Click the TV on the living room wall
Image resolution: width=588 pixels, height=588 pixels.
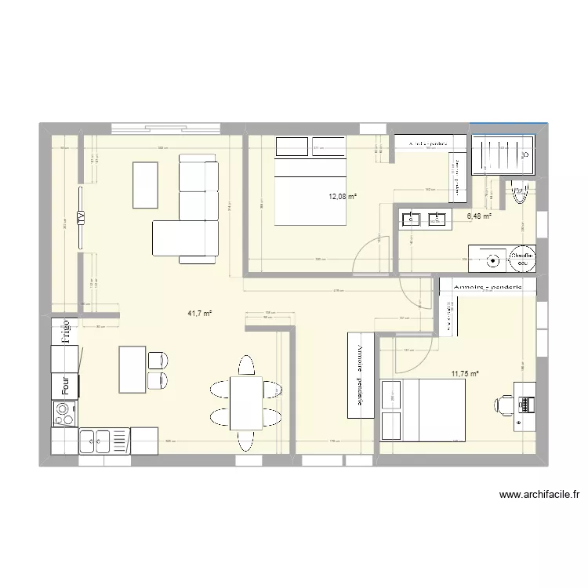coord(80,219)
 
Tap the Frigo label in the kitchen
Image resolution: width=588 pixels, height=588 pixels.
coord(67,331)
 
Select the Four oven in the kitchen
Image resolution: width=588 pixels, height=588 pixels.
coord(66,385)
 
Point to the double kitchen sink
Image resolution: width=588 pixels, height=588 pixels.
coord(97,442)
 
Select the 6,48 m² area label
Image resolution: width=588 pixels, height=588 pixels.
coord(479,217)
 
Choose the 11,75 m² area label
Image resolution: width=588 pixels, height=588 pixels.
coord(465,374)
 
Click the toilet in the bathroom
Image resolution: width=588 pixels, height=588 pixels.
coord(518,192)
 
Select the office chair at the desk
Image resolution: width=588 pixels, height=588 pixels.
coord(503,403)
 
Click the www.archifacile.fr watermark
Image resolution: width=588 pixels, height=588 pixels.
coord(543,495)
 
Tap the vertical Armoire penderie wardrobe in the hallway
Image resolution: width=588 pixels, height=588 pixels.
coord(360,375)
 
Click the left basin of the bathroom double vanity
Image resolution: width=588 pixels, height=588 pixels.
coord(411,220)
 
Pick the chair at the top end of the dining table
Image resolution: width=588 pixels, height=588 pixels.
coord(245,366)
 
